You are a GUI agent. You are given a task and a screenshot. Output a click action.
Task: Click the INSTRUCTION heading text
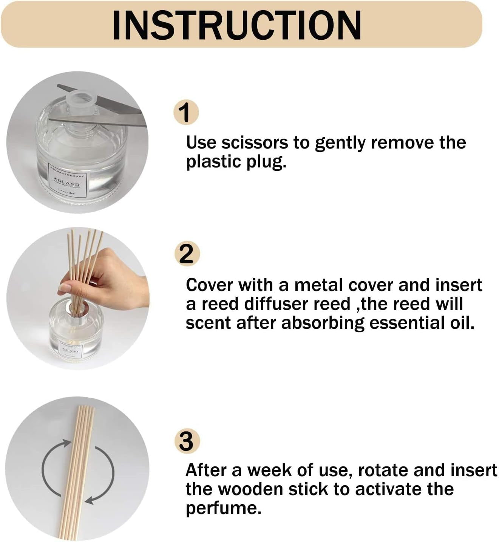[x=237, y=25]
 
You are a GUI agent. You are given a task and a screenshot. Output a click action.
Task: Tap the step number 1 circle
[x=185, y=112]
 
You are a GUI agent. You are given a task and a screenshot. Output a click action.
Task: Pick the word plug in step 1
[x=267, y=162]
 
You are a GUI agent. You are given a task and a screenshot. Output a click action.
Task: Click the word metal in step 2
[x=318, y=285]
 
